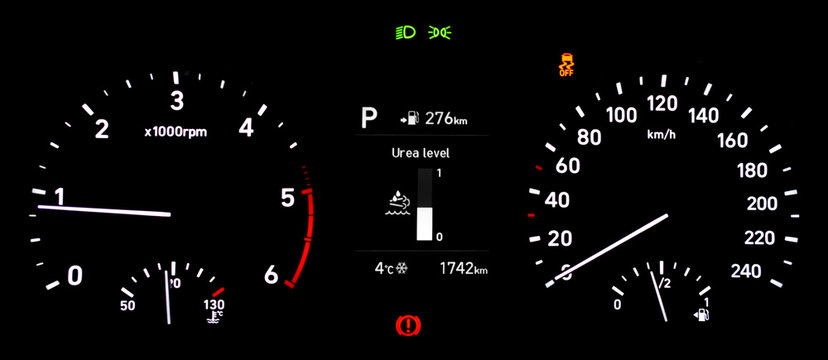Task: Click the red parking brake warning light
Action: (407, 324)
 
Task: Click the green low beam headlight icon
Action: (407, 32)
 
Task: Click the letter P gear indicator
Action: (369, 120)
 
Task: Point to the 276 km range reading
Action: (445, 119)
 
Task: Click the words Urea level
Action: (420, 153)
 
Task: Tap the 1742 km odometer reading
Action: (463, 269)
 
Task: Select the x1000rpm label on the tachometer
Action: (175, 131)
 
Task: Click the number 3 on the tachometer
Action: (177, 101)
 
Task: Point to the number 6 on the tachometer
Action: (270, 275)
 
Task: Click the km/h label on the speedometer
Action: (661, 134)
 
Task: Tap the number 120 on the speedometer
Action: (662, 104)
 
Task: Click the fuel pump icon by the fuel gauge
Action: (701, 316)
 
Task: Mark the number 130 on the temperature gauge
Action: (214, 305)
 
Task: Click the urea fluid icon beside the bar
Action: (397, 205)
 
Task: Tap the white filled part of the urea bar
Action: (424, 223)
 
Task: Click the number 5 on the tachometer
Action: (288, 198)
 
